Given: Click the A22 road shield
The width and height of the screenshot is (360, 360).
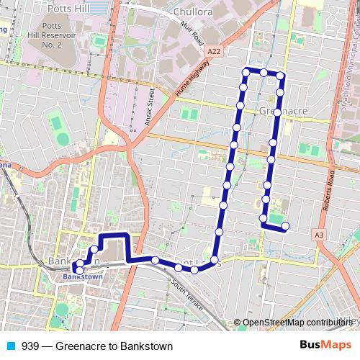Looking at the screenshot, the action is pyautogui.click(x=213, y=52).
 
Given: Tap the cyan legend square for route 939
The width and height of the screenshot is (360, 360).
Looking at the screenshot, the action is pyautogui.click(x=12, y=346).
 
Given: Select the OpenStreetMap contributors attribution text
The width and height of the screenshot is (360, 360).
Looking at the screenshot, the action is pyautogui.click(x=298, y=323).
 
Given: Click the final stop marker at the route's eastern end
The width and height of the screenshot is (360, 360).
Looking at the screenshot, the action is pyautogui.click(x=285, y=227).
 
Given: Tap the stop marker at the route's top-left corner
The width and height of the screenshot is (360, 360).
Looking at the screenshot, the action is pyautogui.click(x=246, y=72).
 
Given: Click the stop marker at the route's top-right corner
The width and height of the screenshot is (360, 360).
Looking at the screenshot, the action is pyautogui.click(x=281, y=75).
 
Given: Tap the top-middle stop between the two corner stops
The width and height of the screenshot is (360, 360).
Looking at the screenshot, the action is pyautogui.click(x=264, y=73).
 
